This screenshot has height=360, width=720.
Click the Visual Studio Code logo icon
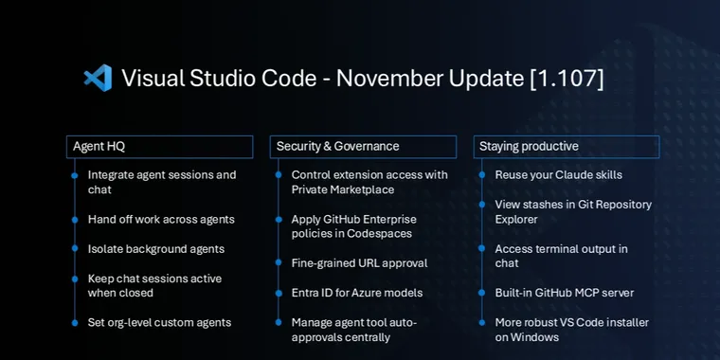coord(98,78)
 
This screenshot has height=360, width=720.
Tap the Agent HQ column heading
coord(99,147)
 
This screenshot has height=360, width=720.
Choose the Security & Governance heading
coord(337,147)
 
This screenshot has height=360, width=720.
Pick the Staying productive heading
coord(529,147)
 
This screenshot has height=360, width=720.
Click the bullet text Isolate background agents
coord(155,249)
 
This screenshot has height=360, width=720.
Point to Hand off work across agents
coord(161,219)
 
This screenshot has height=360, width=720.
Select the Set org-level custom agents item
coord(159,322)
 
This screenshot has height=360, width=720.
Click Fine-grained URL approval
coord(359,262)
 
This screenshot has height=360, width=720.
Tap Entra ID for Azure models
coord(356,293)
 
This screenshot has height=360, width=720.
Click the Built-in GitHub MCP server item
coord(563,293)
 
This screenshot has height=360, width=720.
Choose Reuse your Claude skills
coord(558,174)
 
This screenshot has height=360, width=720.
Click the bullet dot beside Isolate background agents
coord(75,249)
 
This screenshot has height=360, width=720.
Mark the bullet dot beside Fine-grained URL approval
coord(279,262)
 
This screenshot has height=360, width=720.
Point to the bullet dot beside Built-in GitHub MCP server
coord(482,293)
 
